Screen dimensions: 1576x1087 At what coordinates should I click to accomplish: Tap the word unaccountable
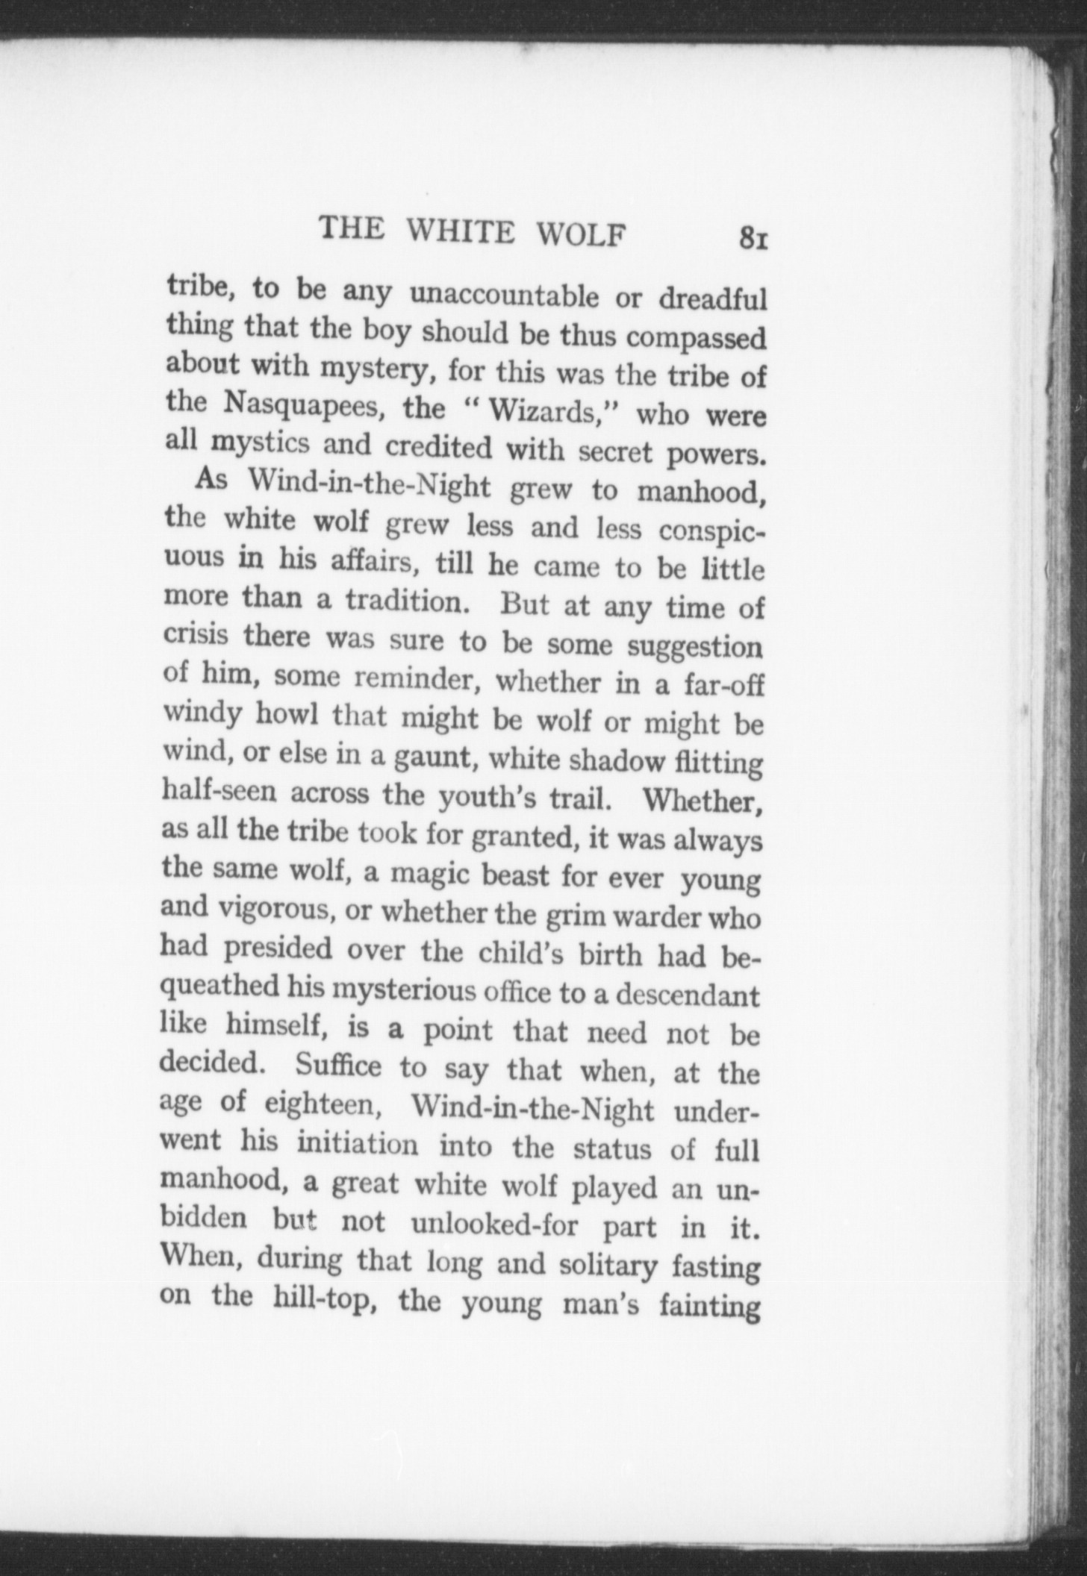[x=505, y=295]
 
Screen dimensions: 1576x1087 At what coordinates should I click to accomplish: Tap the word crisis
[x=195, y=636]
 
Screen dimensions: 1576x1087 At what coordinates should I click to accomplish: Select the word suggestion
[x=695, y=646]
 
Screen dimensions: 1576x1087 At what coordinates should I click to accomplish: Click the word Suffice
[x=338, y=1065]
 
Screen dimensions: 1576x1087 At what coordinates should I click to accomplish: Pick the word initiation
[x=358, y=1144]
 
